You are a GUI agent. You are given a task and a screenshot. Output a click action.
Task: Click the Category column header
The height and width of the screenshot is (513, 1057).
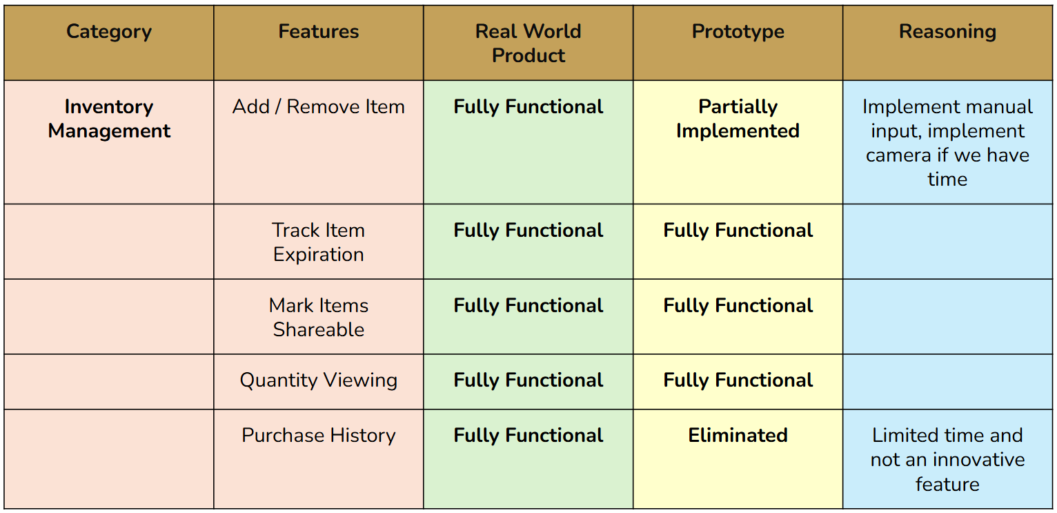pos(109,32)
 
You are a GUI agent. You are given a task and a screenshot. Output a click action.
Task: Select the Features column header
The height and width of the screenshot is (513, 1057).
pos(319,32)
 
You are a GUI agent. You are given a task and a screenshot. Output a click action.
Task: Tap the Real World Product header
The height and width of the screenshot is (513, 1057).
pos(528,43)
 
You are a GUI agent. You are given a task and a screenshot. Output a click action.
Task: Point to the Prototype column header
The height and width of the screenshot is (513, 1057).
pos(738,32)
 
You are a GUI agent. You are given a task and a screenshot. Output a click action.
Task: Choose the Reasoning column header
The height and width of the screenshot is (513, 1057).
pos(947,32)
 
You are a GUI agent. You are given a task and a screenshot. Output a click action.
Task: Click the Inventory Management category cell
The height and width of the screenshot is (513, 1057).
pos(109,119)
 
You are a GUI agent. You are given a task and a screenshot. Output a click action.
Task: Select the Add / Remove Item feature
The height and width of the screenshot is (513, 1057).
pos(319,107)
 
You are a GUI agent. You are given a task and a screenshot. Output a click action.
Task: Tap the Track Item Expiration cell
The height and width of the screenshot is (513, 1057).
pos(319,242)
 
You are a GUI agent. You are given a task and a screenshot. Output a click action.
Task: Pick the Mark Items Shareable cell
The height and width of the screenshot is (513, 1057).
pos(319,317)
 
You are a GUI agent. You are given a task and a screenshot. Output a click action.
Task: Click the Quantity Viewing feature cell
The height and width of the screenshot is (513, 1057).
pos(319,380)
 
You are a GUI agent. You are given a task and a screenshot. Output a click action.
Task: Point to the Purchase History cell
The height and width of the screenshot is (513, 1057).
pos(319,436)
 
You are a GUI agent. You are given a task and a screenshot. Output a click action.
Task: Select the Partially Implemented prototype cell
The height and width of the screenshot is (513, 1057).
pos(738,119)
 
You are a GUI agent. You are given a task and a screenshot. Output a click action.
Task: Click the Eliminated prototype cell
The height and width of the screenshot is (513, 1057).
pos(738,436)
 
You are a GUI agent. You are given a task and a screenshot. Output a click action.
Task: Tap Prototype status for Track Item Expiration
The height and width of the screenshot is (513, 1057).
pos(738,231)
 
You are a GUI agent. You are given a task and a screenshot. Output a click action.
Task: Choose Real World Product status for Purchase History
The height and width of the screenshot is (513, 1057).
pos(528,436)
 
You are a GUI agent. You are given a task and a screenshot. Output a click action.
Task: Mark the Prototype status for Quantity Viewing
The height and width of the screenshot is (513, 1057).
pos(738,380)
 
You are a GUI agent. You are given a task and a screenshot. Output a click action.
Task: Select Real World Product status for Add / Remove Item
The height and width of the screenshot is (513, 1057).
pos(528,107)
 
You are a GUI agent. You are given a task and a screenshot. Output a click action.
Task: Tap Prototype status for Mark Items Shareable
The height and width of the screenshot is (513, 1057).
pos(738,306)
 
